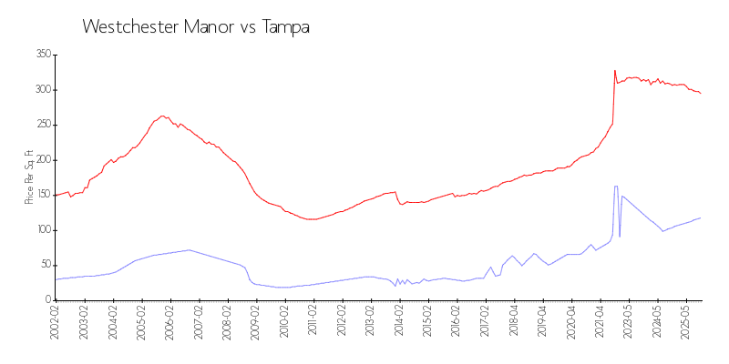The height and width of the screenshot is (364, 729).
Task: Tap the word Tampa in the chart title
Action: tap(286, 27)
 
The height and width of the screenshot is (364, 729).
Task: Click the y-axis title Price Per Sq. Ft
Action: tap(29, 177)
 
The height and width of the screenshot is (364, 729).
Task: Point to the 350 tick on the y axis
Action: tap(41, 55)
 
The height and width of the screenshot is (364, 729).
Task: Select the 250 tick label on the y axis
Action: tap(41, 125)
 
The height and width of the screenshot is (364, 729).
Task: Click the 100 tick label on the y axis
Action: tap(41, 230)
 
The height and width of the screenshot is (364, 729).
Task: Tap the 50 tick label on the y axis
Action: tap(43, 265)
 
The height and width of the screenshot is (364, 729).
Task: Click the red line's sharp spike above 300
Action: tap(614, 70)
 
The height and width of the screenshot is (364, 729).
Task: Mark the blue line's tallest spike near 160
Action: tap(616, 186)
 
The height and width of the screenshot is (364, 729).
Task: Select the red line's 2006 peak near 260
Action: tap(162, 116)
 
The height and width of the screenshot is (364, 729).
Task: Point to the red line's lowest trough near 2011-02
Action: tap(311, 219)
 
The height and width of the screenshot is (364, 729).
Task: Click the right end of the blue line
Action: tap(701, 217)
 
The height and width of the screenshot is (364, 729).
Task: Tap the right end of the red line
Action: tap(701, 93)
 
